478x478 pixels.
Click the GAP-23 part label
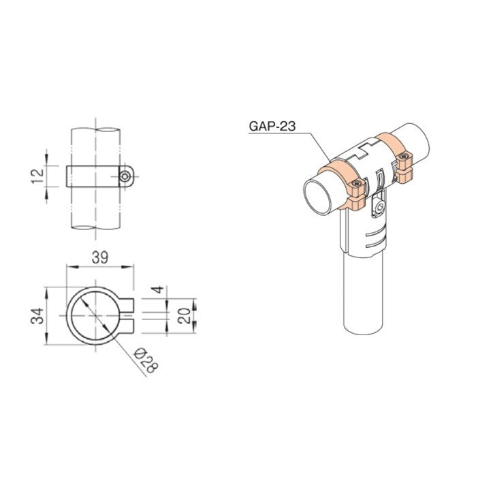coord(272,125)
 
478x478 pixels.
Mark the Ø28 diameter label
coord(146,360)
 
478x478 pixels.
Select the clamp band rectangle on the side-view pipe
coord(94,176)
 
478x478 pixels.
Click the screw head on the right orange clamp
coord(407,159)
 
